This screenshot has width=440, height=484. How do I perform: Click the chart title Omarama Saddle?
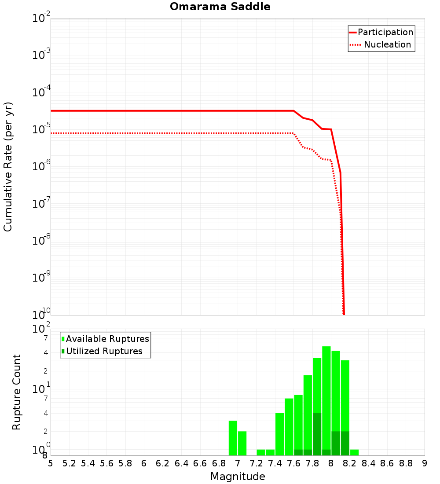[x=220, y=7]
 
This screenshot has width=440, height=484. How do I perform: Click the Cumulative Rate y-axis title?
[x=8, y=166]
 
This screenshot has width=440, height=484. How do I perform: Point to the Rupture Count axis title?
[x=17, y=392]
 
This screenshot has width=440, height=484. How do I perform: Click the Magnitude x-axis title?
[x=238, y=477]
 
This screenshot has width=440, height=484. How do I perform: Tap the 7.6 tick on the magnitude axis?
[x=293, y=463]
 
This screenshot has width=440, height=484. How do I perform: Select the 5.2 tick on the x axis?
[x=69, y=463]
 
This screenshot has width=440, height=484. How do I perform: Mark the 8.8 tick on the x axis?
[x=406, y=463]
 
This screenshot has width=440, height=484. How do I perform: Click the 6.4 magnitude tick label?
[x=181, y=463]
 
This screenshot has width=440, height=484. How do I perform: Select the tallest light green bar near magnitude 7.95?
[x=326, y=400]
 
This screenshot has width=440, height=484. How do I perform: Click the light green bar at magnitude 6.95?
[x=233, y=438]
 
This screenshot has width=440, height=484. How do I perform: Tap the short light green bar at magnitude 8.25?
[x=354, y=452]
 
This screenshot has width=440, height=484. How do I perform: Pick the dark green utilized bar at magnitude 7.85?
[x=317, y=434]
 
